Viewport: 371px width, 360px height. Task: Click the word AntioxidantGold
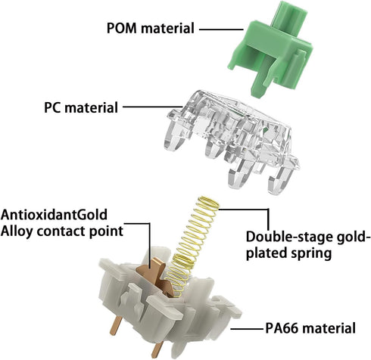click(54, 215)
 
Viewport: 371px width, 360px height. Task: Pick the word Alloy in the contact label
click(17, 231)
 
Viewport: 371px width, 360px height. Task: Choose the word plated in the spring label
click(267, 253)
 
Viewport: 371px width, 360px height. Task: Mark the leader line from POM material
click(221, 29)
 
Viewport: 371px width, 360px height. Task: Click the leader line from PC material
click(153, 107)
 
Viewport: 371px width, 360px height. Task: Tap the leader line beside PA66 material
click(248, 329)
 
